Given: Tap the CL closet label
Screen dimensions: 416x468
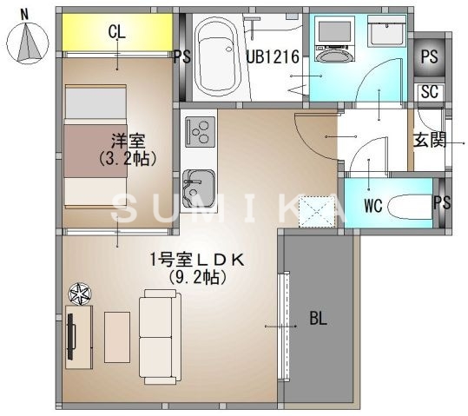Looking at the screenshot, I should click(x=117, y=33).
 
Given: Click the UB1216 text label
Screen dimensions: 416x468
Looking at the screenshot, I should click(x=273, y=58).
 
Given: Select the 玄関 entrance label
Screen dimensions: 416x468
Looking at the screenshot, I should click(x=429, y=140).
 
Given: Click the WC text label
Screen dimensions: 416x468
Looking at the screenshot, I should click(x=373, y=207).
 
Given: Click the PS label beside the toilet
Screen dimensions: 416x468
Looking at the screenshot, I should click(x=442, y=203).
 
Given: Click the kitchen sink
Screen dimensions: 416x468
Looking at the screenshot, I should click(x=199, y=187).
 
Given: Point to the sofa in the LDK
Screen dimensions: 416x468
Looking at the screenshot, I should click(x=158, y=336).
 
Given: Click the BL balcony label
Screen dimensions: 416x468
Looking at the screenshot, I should click(x=319, y=319).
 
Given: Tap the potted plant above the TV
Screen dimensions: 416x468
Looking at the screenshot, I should click(x=79, y=294).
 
